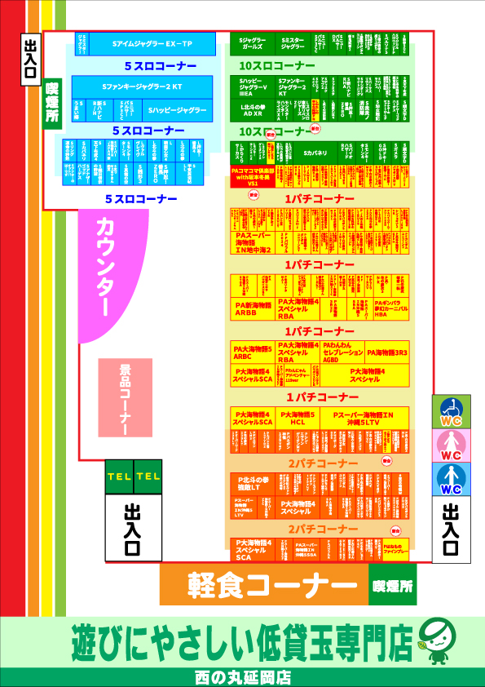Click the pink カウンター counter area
107,269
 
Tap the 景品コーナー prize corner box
125,397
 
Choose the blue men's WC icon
451,479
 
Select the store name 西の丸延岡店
243,677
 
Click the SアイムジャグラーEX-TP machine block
152,43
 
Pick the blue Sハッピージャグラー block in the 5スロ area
177,109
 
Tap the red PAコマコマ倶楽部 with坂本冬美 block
253,175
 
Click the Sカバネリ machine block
315,153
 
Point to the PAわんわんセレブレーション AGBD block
342,352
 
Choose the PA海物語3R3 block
387,352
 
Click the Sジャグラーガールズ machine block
253,43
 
